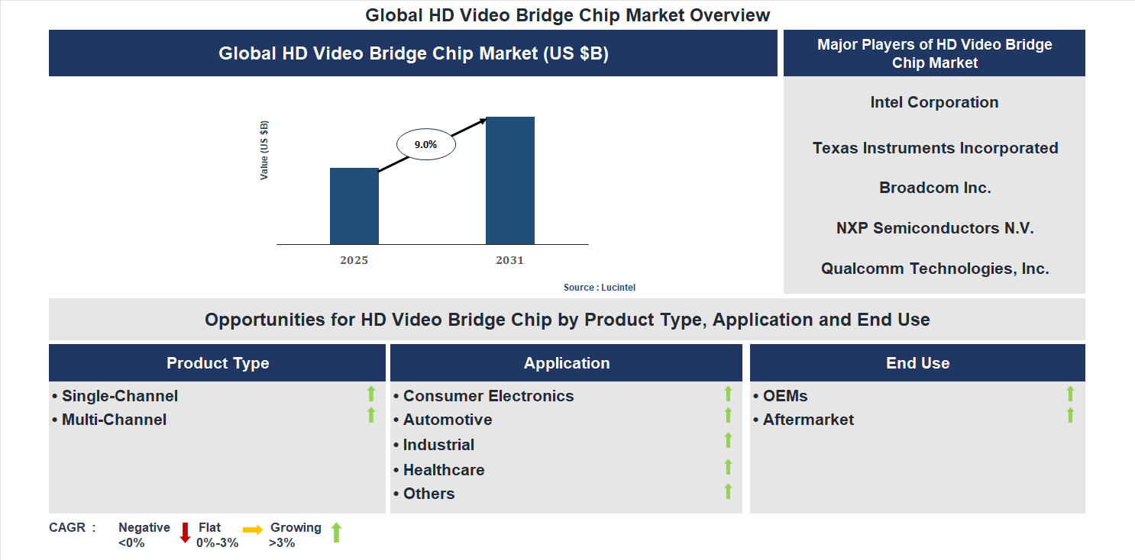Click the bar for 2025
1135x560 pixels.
354,206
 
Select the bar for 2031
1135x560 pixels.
509,180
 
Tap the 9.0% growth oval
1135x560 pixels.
425,144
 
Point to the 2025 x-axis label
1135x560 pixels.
354,260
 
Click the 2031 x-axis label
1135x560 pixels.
509,260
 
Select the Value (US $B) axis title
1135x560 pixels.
264,150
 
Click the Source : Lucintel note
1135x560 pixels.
600,288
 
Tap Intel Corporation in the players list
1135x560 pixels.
934,102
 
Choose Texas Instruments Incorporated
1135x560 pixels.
935,148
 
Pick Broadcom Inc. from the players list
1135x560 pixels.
935,188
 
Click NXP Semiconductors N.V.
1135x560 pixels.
935,228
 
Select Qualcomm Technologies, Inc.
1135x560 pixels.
935,269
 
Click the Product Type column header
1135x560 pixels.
218,363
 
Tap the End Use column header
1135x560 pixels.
917,363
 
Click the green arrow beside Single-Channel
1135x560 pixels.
371,394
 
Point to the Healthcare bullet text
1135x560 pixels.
443,470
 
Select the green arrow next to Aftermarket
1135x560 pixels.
1070,415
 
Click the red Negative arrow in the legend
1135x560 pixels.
185,533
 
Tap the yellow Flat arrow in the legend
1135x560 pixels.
253,529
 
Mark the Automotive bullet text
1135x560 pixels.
447,420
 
